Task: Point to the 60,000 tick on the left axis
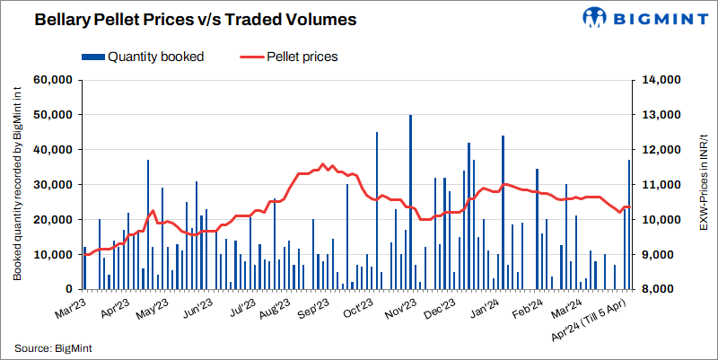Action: pos(52,80)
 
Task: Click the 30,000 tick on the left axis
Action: pos(52,185)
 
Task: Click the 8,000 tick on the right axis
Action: pos(661,289)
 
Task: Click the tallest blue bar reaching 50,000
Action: pos(410,202)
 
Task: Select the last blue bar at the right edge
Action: pos(629,224)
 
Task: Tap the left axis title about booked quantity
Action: pos(17,185)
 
